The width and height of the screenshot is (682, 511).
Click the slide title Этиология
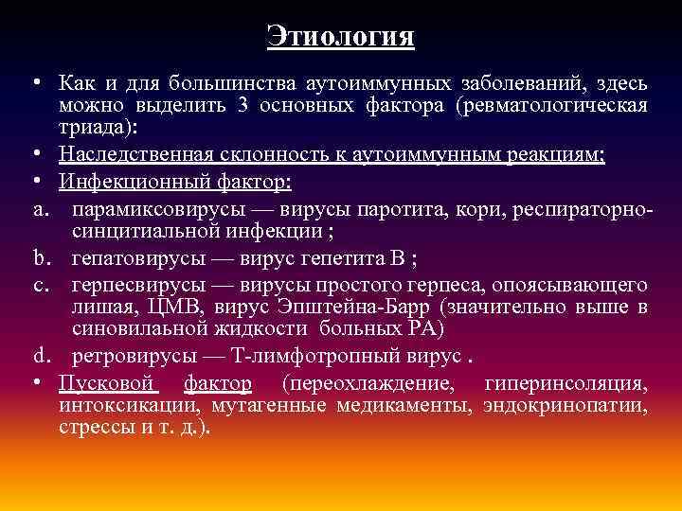pos(341,36)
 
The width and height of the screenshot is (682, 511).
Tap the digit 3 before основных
pos(243,104)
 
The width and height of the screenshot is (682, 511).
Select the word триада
pos(92,125)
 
